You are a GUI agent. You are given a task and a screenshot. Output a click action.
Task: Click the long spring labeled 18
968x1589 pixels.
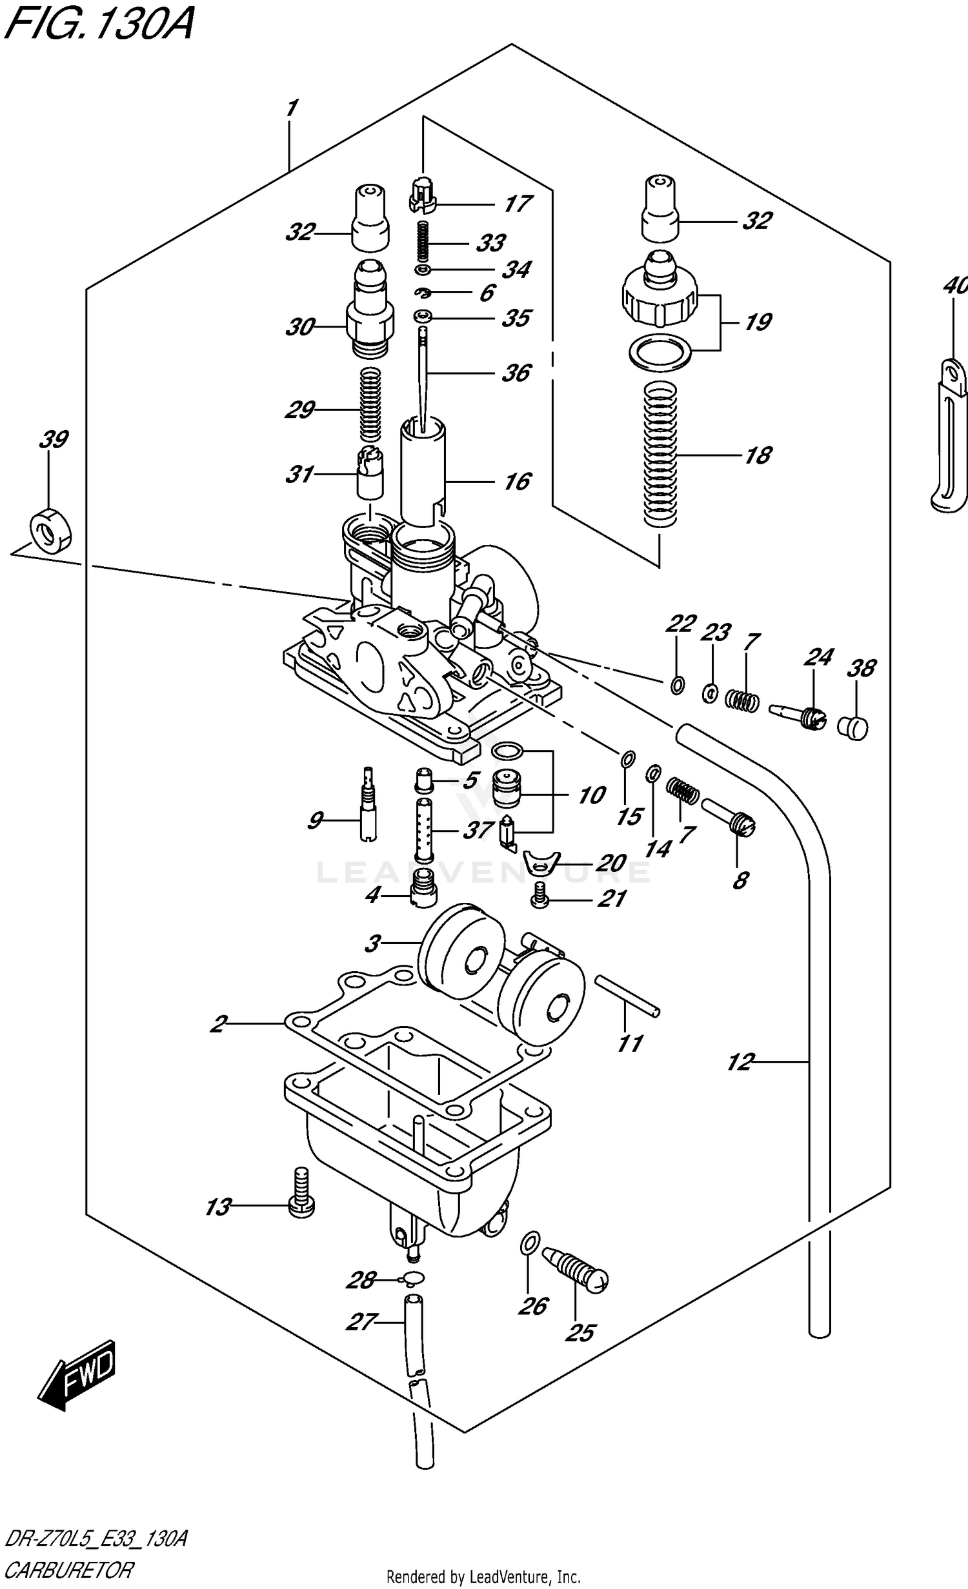click(x=660, y=455)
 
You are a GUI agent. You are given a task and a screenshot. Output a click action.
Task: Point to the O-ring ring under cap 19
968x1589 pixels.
click(x=660, y=352)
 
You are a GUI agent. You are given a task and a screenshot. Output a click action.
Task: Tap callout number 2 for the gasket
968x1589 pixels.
click(x=219, y=1023)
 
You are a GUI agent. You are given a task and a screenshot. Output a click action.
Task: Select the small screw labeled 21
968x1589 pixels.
click(x=539, y=895)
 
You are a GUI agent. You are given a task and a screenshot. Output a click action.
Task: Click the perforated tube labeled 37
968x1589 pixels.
click(x=424, y=829)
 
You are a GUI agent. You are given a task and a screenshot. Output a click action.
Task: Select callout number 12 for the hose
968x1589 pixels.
click(x=740, y=1061)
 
